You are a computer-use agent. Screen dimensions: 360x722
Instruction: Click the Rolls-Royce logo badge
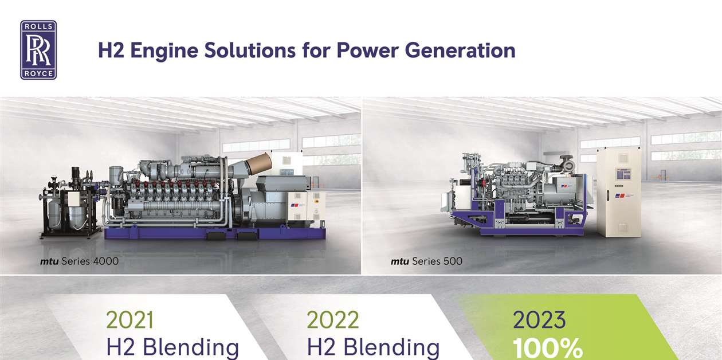tap(38, 50)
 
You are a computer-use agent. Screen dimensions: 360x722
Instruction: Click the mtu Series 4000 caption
tap(79, 262)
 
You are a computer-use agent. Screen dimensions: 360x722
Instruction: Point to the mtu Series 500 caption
tap(426, 262)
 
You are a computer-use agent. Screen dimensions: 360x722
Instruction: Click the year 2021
tap(130, 320)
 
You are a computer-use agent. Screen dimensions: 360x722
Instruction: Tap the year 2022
tap(333, 320)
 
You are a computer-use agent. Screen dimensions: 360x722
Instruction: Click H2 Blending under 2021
tap(172, 347)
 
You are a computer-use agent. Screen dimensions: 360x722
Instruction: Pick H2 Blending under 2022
tap(373, 347)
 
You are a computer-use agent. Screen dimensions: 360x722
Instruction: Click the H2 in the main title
tap(112, 50)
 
